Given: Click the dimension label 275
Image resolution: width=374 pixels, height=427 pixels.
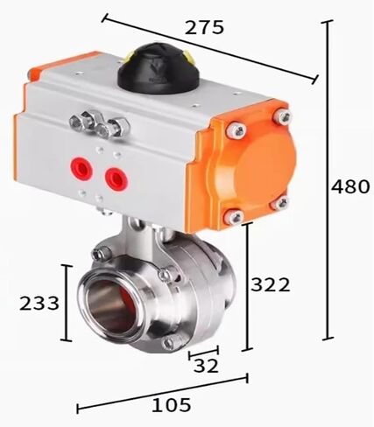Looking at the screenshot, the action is click(204, 27).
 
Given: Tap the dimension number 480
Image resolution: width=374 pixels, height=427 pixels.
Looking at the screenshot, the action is click(350, 186).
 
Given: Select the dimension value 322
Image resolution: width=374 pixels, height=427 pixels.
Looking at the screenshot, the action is click(271, 284).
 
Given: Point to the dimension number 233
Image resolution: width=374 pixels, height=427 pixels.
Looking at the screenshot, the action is click(39, 303).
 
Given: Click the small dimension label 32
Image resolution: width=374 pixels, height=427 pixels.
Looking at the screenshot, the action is click(206, 366).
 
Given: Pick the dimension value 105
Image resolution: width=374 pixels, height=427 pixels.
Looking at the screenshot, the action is click(172, 405).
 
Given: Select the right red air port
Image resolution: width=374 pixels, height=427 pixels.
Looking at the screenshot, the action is click(116, 178).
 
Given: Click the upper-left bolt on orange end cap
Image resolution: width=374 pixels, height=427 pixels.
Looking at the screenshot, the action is click(236, 130).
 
